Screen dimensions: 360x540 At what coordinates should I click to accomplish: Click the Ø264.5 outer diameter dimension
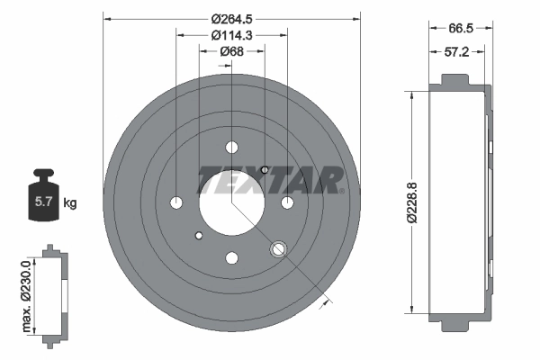click(231, 18)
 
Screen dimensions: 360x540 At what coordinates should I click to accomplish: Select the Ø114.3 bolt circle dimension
click(231, 35)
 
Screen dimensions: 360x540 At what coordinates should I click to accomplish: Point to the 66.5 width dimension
click(461, 28)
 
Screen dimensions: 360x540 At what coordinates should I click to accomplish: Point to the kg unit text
click(70, 203)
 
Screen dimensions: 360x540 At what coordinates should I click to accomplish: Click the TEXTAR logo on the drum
click(269, 179)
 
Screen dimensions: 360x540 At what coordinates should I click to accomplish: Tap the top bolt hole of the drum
click(231, 148)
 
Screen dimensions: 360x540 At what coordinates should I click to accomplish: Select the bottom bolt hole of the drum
click(231, 257)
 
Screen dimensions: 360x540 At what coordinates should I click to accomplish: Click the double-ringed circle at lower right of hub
click(279, 248)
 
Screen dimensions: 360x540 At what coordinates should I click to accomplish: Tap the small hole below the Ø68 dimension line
click(265, 170)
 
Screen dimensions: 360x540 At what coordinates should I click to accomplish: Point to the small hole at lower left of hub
click(198, 236)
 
